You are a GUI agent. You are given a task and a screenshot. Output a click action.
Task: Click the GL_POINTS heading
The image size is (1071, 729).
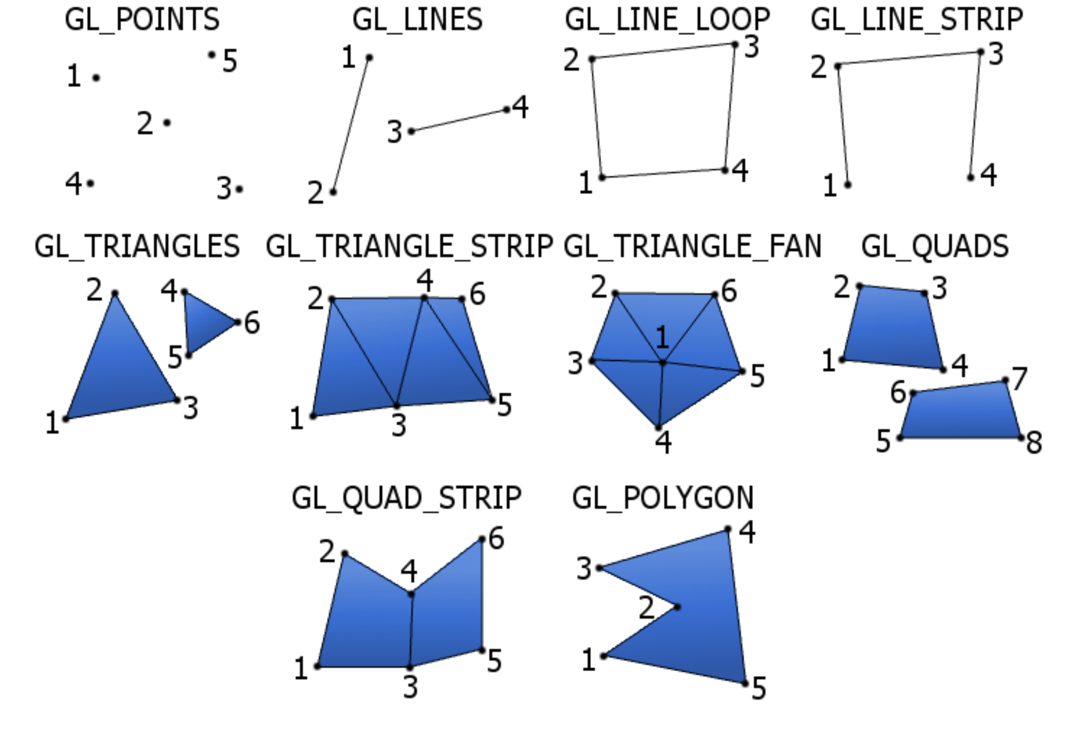click(x=142, y=20)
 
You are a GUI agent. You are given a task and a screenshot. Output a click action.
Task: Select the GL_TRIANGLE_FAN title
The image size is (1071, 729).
click(x=692, y=246)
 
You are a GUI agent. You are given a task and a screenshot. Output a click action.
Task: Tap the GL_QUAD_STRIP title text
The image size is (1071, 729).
click(x=406, y=498)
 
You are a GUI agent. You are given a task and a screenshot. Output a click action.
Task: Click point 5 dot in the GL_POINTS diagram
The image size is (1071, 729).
click(x=211, y=55)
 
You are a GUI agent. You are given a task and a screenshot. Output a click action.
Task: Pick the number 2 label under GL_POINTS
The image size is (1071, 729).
click(x=145, y=124)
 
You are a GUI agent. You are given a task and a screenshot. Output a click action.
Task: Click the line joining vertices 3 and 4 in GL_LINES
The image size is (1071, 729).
click(x=459, y=120)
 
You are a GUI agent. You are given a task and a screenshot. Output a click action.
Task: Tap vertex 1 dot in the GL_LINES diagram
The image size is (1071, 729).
click(x=369, y=58)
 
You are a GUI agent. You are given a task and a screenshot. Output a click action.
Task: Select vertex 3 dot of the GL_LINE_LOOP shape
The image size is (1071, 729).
click(x=735, y=45)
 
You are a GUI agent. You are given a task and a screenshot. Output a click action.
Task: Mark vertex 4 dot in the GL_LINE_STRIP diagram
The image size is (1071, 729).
click(x=970, y=177)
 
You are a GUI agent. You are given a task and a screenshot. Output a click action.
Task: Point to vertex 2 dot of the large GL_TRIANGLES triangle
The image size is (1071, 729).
click(x=115, y=294)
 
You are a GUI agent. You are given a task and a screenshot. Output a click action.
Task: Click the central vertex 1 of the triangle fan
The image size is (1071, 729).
click(x=663, y=363)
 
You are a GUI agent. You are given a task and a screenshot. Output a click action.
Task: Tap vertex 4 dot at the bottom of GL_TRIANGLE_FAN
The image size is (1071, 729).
click(x=658, y=428)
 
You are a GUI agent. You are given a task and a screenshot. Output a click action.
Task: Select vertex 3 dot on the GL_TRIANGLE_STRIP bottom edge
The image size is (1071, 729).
click(x=396, y=405)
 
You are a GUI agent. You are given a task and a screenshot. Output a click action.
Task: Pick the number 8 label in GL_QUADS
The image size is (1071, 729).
click(x=1034, y=443)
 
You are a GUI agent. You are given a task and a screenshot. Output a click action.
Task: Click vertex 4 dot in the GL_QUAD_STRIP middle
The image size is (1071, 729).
click(x=411, y=595)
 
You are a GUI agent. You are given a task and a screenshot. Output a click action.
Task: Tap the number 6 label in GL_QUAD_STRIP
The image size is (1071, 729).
click(x=496, y=539)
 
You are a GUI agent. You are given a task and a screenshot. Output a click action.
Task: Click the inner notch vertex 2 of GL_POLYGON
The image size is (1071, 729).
click(x=678, y=607)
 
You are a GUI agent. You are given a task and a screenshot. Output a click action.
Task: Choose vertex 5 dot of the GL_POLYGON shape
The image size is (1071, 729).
click(x=745, y=683)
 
